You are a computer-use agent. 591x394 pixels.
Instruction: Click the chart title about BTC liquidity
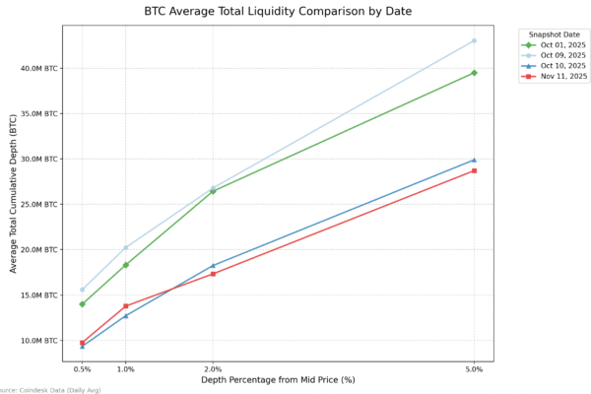[x=277, y=12]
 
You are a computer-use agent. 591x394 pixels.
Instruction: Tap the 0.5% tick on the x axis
[x=83, y=369]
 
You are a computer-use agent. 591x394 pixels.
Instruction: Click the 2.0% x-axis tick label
[x=213, y=369]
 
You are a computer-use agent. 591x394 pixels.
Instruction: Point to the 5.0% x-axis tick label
[x=474, y=369]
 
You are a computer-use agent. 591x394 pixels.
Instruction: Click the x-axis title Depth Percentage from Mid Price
[x=278, y=380]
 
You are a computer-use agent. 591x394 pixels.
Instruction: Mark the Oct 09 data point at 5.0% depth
[x=474, y=40]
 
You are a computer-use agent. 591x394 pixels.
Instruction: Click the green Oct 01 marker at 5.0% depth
[x=474, y=73]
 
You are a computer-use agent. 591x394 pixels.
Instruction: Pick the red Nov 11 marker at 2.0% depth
[x=213, y=274]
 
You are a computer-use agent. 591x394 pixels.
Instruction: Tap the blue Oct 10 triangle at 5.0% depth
[x=474, y=160]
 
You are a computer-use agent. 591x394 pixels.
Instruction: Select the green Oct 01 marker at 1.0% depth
[x=126, y=265]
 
